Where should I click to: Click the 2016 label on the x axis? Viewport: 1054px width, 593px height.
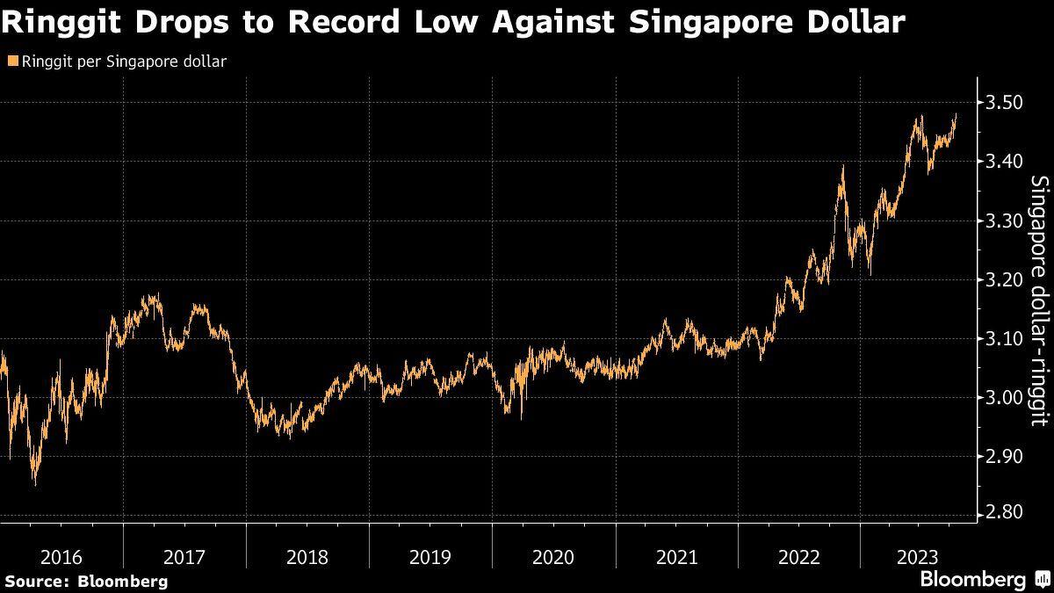[x=61, y=557]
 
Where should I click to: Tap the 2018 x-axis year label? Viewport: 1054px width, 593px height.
[x=307, y=557]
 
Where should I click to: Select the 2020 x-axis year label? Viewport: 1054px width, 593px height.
[x=553, y=557]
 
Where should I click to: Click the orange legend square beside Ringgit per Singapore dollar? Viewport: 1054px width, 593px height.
[x=11, y=61]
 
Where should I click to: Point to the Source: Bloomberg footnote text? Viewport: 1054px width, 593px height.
[x=85, y=581]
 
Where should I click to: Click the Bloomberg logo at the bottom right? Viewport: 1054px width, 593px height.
[x=972, y=579]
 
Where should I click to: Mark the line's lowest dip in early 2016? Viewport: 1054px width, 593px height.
[x=35, y=482]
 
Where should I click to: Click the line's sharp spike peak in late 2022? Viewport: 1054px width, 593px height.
[x=842, y=166]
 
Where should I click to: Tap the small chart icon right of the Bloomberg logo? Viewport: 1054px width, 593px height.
[x=1043, y=579]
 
